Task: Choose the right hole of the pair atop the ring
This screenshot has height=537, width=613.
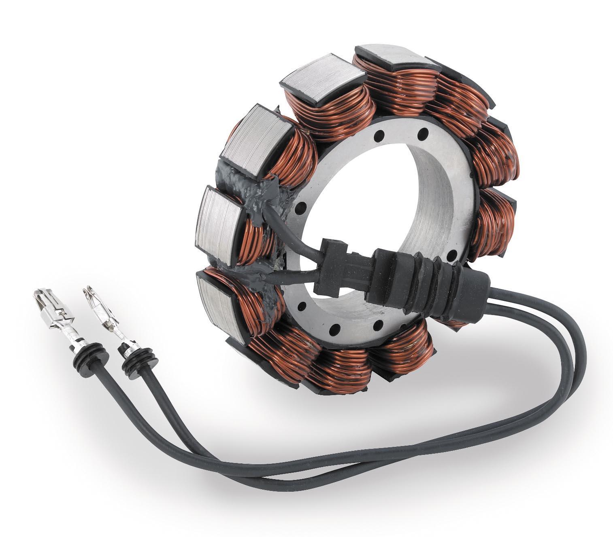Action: point(424,132)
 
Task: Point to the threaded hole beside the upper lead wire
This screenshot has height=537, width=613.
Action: point(300,210)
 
